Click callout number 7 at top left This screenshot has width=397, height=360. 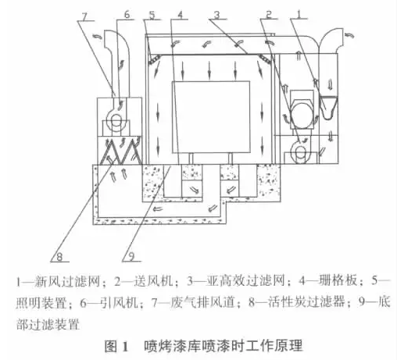84,16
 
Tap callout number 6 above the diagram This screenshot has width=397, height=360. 127,15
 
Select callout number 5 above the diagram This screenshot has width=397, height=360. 152,15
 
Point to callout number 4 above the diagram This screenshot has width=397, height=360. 181,15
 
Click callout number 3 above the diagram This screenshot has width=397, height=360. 216,15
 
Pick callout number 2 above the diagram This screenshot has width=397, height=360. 269,14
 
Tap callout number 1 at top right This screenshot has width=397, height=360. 299,14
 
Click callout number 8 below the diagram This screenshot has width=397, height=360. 59,257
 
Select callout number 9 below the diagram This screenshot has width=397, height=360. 131,257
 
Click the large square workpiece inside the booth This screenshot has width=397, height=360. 211,117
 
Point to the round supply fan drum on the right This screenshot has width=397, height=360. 302,114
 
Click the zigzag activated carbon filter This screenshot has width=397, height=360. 120,151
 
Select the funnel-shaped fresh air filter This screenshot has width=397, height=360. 328,107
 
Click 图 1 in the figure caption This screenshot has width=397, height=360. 116,347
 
